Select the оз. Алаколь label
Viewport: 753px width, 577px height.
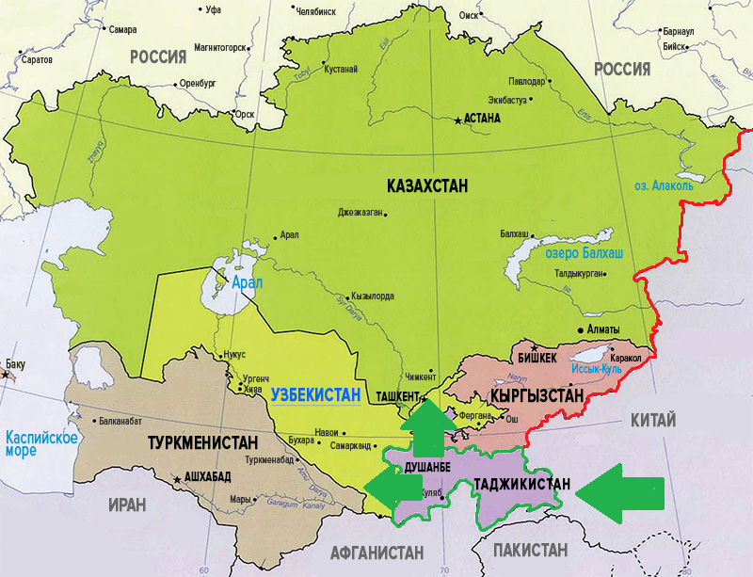tap(664, 185)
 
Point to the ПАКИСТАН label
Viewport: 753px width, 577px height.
tap(528, 550)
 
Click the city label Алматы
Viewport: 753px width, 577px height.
tap(602, 329)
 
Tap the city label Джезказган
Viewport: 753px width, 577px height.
tap(360, 213)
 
